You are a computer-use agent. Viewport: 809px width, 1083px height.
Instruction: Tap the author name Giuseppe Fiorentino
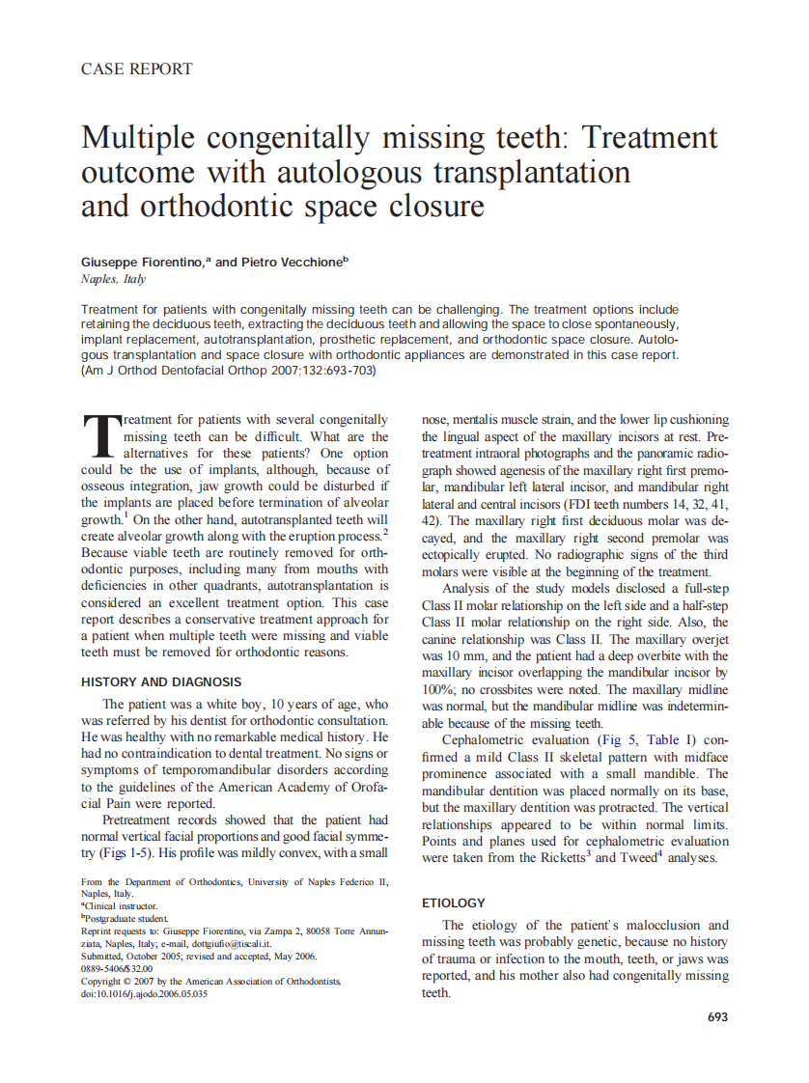143,262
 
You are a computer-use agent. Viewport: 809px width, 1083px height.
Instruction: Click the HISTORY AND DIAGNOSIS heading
161,682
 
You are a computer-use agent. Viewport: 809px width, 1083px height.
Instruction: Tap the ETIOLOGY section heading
454,902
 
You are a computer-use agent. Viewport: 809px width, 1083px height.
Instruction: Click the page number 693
717,1016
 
